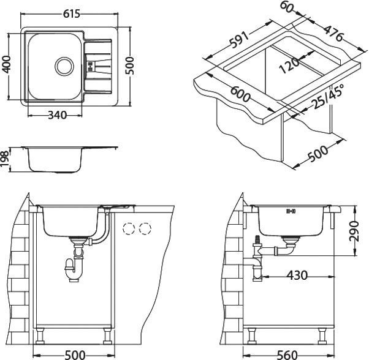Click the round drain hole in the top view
coord(63,65)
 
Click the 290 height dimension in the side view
coord(355,231)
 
